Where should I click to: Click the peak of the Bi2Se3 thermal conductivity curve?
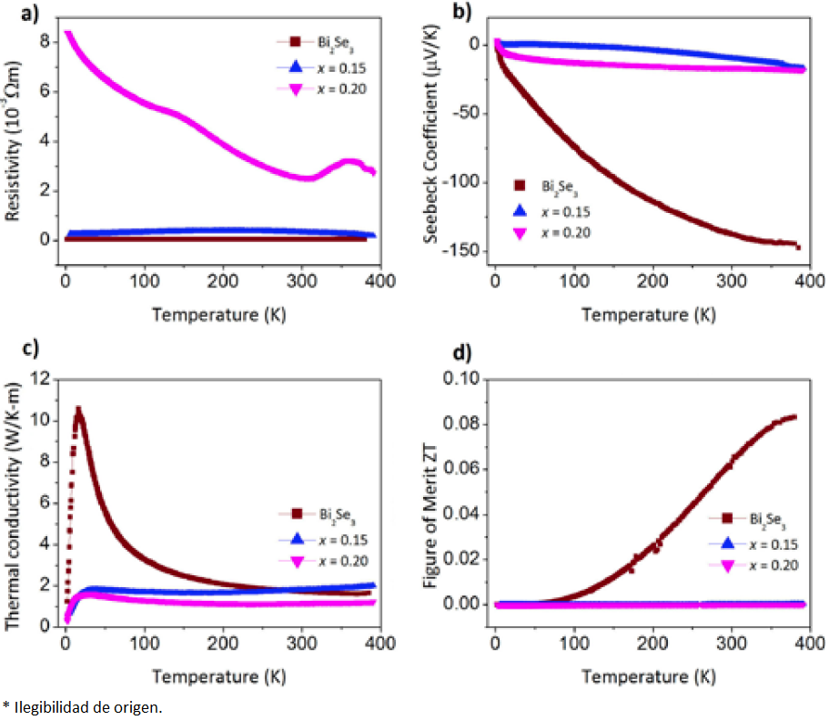click(x=78, y=410)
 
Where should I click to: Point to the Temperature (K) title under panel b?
click(x=649, y=315)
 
